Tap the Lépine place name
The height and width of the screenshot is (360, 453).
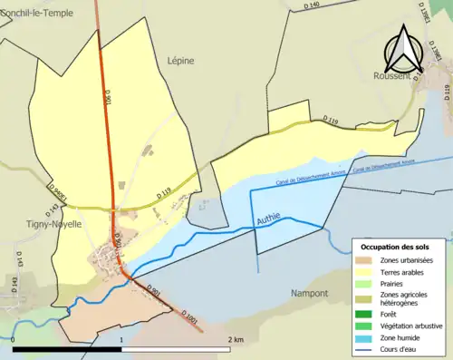tap(181, 60)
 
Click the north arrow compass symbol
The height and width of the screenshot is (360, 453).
tap(404, 51)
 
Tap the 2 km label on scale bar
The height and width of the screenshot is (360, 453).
tap(235, 339)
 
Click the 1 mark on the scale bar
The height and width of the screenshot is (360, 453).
tap(121, 339)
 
